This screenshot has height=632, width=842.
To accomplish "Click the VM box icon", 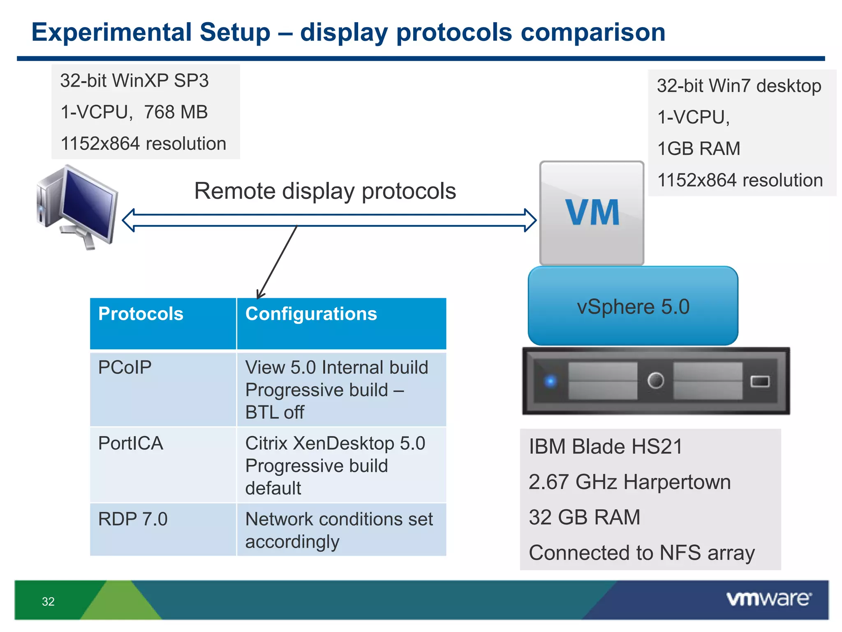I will coord(592,213).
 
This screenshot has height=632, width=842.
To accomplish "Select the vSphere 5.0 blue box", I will coord(633,306).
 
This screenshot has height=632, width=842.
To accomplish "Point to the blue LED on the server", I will coord(551,381).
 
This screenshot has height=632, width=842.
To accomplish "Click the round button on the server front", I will coord(655,380).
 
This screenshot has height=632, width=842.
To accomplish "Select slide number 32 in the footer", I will coord(48,602).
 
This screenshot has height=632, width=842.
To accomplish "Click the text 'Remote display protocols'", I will coord(325,191).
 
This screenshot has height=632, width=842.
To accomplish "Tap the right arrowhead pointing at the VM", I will coord(530,220).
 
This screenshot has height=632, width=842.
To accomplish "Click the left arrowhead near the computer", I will coord(129,220).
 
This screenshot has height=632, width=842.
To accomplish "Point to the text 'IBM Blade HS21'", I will coord(606,446).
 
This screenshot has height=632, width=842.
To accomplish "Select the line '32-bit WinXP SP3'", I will coord(134,81).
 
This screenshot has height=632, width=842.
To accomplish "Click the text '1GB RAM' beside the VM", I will coord(699,149).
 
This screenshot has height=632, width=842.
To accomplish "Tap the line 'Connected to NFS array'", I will coord(641,553).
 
